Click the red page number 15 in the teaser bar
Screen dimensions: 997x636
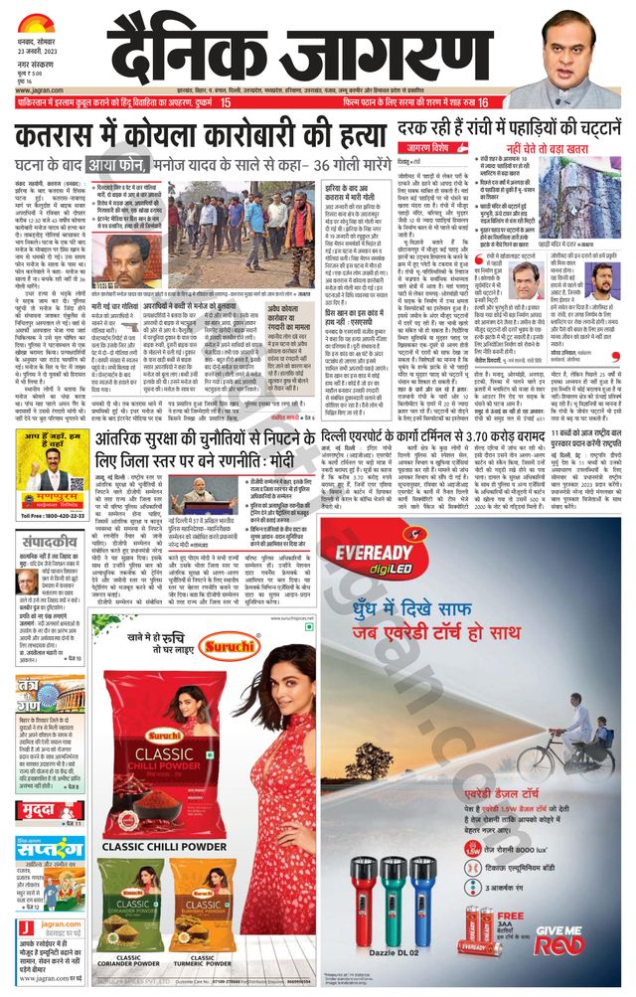226,102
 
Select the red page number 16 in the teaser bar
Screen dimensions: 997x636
483,102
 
